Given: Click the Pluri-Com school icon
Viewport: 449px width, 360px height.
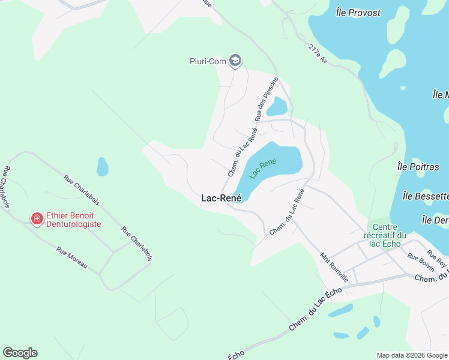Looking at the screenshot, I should tap(235, 60).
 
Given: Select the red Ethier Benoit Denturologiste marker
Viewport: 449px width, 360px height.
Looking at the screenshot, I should tap(37, 219).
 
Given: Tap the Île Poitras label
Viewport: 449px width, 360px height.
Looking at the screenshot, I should tap(418, 167).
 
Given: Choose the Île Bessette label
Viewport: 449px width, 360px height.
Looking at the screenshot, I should tap(426, 196).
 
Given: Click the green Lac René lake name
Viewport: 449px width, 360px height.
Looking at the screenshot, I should tap(264, 168).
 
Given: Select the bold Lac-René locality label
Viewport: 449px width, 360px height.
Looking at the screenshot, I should tap(221, 198).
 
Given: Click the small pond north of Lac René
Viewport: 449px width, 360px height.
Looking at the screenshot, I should tap(277, 107).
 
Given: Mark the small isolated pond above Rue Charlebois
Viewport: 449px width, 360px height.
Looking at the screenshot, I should tap(103, 166).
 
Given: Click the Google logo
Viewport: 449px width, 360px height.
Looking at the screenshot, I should tap(20, 353).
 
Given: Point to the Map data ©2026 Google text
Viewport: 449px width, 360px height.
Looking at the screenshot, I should tap(411, 355).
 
